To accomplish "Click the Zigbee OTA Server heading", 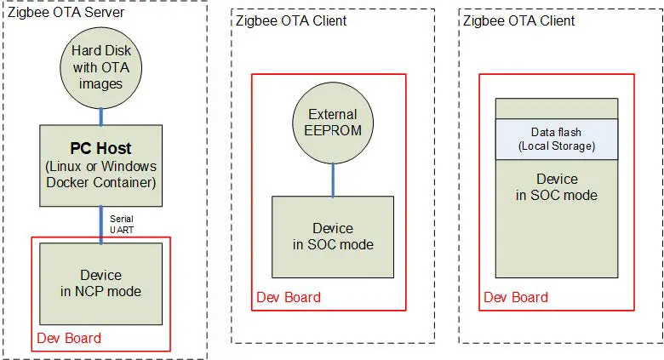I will coord(65,13).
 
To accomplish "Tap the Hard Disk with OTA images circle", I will coord(101,68).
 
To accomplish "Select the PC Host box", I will coord(101,165).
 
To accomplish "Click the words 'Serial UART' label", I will coord(122,224).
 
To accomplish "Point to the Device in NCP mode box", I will coord(100,283).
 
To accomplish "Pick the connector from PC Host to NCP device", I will coord(101,225).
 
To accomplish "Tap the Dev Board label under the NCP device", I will coord(68,338).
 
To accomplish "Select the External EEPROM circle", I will coord(333,121).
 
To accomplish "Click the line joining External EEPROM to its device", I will coord(333,180).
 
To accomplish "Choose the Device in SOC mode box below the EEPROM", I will coord(333,237).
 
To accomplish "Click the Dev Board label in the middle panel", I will coord(289,297).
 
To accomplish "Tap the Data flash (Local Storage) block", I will coord(557,139).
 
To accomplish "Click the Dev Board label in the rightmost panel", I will coord(516,297).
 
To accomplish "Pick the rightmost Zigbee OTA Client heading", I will coord(518,20).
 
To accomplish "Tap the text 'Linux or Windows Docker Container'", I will coord(101,174).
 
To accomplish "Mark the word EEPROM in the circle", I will coord(333,130).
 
